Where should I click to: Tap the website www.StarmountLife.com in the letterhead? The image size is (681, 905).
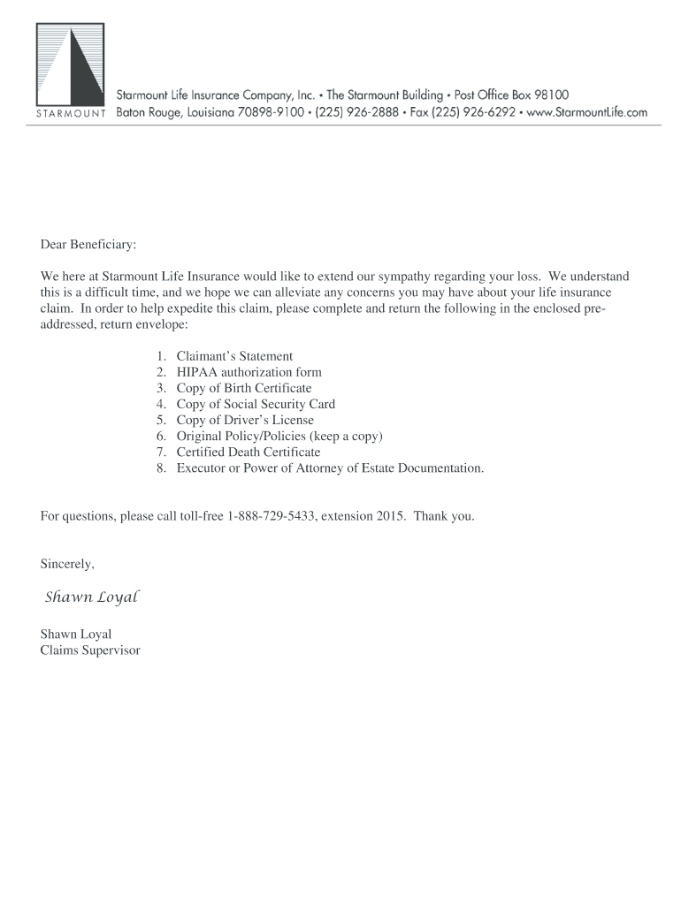tap(587, 113)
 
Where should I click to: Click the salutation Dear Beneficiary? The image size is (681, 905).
tap(88, 243)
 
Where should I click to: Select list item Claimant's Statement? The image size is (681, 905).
tap(234, 356)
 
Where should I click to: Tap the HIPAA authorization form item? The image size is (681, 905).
tap(249, 372)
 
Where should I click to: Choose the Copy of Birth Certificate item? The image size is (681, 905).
tap(243, 388)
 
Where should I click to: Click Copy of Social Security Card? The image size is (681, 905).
tap(256, 404)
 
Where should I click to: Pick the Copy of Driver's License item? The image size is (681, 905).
tap(245, 420)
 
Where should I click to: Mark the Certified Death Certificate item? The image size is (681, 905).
tap(248, 452)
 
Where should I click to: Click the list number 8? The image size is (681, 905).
tap(162, 468)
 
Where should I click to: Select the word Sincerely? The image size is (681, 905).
tap(67, 563)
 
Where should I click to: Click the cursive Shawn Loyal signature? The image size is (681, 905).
tap(92, 597)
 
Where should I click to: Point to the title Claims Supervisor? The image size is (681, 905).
tap(90, 650)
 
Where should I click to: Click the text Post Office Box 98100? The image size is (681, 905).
tap(513, 95)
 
